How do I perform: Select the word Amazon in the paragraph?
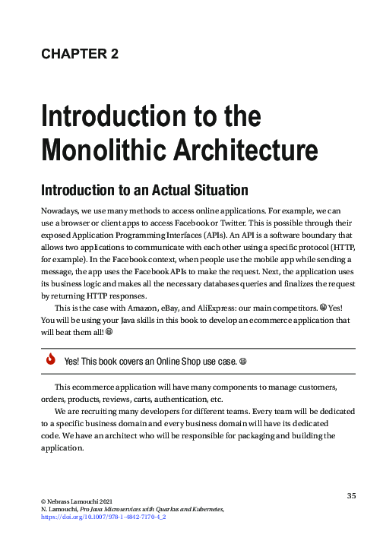(147, 308)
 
